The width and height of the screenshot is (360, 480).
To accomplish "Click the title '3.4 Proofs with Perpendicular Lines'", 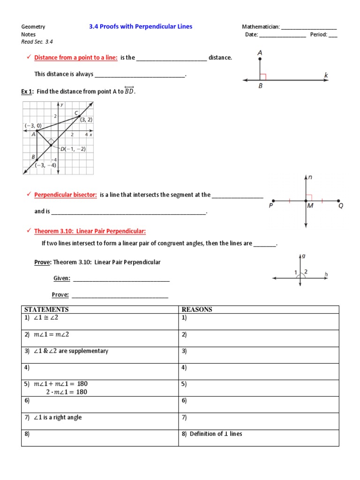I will point(141,27).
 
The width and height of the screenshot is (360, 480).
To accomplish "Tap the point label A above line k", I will point(260,53).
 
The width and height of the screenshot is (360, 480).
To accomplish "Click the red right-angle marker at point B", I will point(263,77).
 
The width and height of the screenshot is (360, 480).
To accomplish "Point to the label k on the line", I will point(326,75).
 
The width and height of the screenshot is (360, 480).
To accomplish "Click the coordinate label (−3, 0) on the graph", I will point(33,126).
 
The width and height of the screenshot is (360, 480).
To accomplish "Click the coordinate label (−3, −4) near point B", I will point(45,165).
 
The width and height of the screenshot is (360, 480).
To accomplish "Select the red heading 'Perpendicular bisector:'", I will point(65,195).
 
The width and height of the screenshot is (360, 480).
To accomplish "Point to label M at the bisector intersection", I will point(310,206).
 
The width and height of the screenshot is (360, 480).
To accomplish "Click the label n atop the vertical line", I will point(310,178).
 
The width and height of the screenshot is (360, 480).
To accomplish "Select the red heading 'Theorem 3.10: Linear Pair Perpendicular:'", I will point(90,231).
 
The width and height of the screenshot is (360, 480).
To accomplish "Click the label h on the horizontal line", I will point(326,274).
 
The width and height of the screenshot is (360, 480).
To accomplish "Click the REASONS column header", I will point(197,309).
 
